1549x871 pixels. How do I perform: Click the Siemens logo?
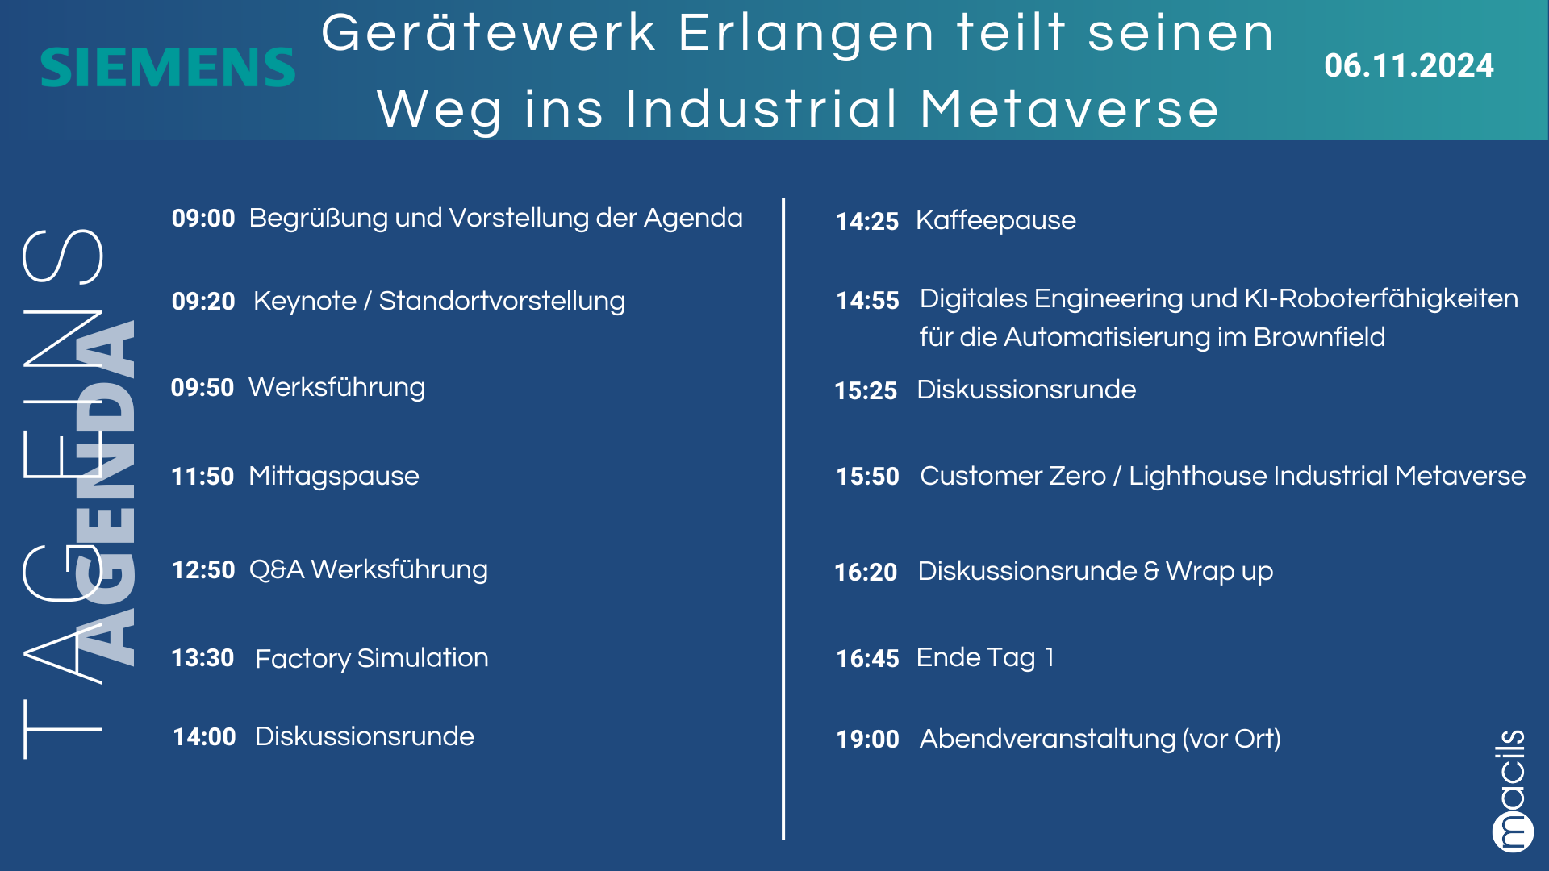coord(168,67)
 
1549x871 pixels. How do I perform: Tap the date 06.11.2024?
coord(1409,65)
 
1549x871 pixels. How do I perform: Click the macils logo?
coord(1511,790)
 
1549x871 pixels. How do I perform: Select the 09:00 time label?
coord(203,218)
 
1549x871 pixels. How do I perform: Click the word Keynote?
coord(305,301)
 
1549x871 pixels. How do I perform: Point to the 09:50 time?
coord(202,387)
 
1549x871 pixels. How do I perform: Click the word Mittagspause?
coord(334,476)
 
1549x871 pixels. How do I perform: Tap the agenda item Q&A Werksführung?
coord(369,569)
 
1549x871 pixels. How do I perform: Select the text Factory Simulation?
coord(372,658)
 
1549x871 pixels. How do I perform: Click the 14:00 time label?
coord(204,736)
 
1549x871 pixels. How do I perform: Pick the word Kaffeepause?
coord(996,220)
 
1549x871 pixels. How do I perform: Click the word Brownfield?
coord(1319,337)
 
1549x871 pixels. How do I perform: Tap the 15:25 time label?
coord(866,390)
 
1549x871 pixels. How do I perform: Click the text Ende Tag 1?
coord(985,658)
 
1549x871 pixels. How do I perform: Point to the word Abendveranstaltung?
coord(1048,739)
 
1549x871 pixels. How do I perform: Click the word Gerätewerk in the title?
coord(489,34)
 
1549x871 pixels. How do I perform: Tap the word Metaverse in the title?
coord(1069,109)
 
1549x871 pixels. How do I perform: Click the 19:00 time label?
coord(867,739)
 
